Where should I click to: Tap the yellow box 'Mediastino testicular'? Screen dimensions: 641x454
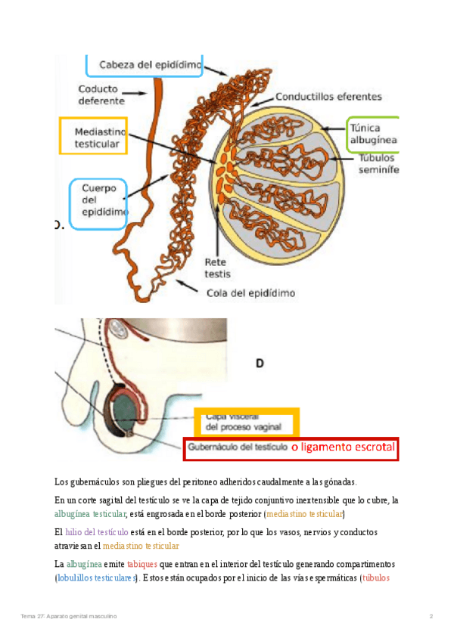(x=93, y=135)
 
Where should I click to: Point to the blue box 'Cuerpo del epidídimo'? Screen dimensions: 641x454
(x=99, y=202)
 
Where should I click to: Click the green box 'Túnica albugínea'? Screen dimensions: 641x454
(x=372, y=135)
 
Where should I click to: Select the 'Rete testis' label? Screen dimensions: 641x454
(x=218, y=268)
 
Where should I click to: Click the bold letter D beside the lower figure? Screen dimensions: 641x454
(x=260, y=364)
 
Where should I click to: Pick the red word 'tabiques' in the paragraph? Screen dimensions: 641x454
(x=142, y=565)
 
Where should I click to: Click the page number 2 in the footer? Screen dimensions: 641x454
(x=431, y=617)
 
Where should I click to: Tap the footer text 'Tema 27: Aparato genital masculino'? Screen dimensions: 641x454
(x=69, y=617)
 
